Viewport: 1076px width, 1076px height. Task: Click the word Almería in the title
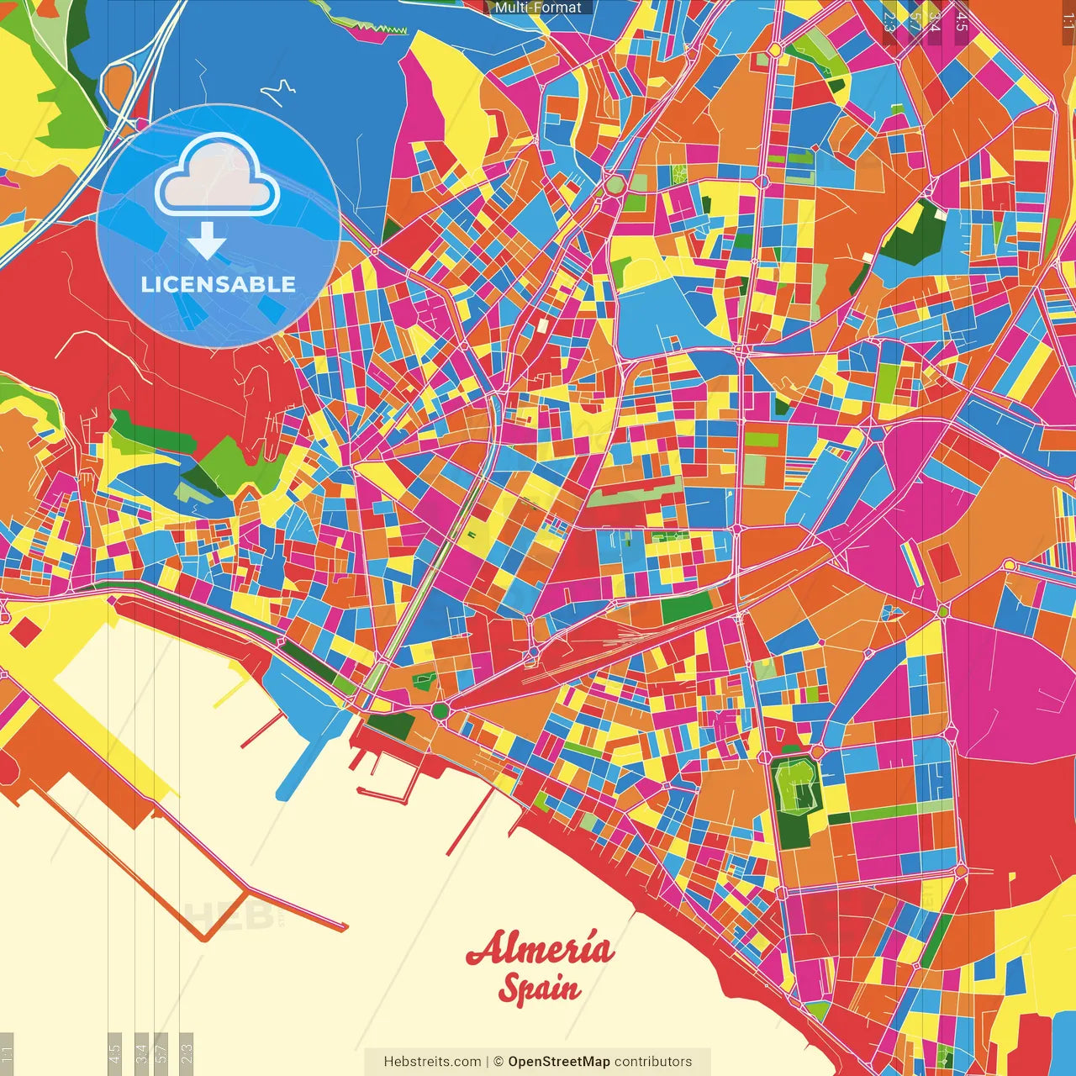pyautogui.click(x=540, y=949)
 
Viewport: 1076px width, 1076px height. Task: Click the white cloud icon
pyautogui.click(x=217, y=177)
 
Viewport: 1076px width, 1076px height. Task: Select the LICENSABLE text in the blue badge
pyautogui.click(x=218, y=284)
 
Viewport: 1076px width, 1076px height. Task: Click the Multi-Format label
pyautogui.click(x=538, y=8)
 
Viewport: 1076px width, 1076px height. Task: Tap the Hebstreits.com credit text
pyautogui.click(x=432, y=1062)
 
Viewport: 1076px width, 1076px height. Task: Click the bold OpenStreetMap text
pyautogui.click(x=558, y=1062)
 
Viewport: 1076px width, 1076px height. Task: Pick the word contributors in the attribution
pyautogui.click(x=653, y=1062)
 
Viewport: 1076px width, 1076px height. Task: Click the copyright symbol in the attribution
pyautogui.click(x=498, y=1062)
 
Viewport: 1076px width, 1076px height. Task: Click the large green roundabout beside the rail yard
pyautogui.click(x=440, y=711)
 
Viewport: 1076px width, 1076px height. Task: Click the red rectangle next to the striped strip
pyautogui.click(x=943, y=561)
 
